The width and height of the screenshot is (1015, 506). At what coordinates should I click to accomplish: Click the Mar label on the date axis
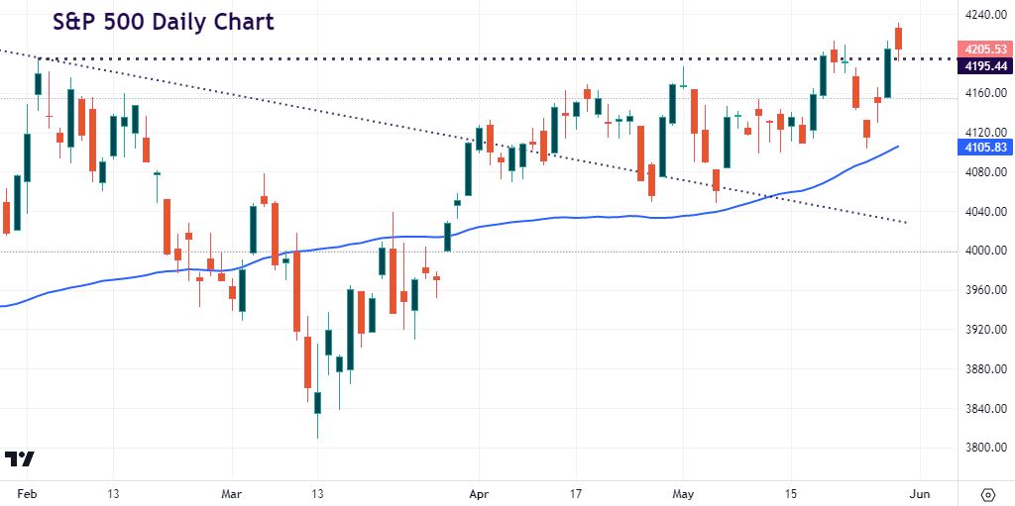tap(232, 493)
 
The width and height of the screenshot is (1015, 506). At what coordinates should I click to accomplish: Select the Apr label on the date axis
tap(479, 493)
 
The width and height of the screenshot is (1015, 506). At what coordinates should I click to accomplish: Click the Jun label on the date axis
tap(919, 493)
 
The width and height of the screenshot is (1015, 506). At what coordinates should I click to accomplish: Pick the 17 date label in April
tap(576, 493)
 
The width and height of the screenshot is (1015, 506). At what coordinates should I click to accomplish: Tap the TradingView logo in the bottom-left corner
tap(20, 459)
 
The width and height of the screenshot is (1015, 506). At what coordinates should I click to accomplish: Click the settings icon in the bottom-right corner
tap(987, 493)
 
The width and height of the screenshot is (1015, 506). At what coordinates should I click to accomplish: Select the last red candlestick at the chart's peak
tap(899, 38)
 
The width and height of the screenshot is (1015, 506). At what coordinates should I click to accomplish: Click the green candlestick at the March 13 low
tap(318, 402)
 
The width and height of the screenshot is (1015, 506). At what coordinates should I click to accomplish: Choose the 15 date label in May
tap(790, 493)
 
